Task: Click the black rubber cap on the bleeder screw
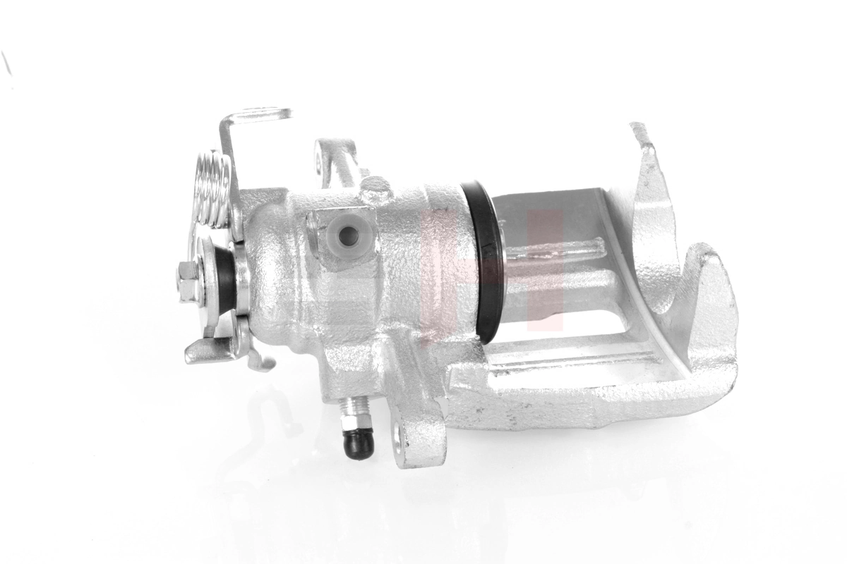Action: point(358,443)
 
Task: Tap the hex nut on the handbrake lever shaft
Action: point(188,278)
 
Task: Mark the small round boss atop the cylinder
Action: point(375,189)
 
